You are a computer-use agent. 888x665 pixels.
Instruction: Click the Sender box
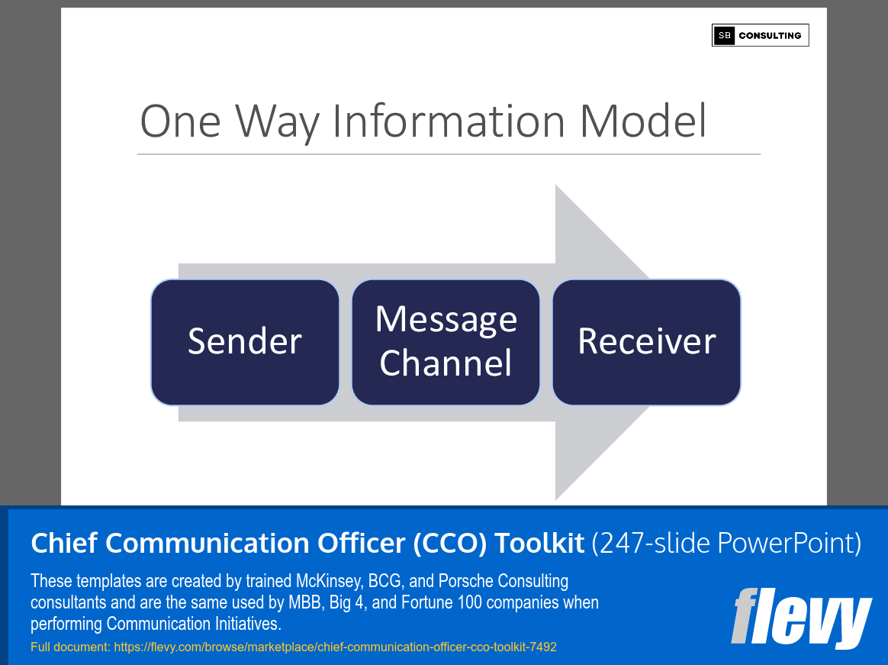click(245, 342)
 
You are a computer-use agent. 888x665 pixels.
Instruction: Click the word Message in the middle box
click(446, 319)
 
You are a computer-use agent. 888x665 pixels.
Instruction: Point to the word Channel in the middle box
click(446, 363)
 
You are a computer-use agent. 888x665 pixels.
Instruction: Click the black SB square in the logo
click(723, 35)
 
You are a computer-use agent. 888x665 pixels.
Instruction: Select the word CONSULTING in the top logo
click(770, 35)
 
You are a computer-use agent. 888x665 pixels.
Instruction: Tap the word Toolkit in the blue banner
click(539, 543)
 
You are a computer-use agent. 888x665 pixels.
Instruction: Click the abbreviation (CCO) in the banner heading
click(449, 543)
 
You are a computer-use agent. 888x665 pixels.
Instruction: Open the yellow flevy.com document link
click(294, 647)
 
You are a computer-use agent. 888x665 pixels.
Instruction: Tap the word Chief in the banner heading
click(63, 543)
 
